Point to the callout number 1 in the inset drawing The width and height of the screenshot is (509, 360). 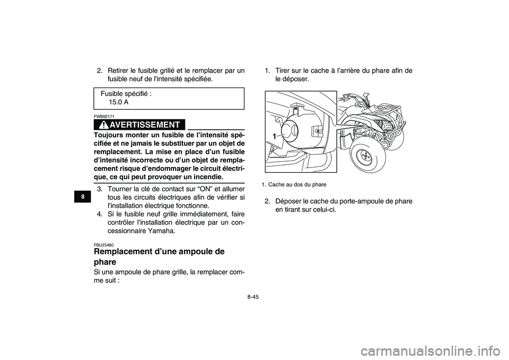click(x=275, y=136)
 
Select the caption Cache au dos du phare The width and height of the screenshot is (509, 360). click(x=297, y=185)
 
